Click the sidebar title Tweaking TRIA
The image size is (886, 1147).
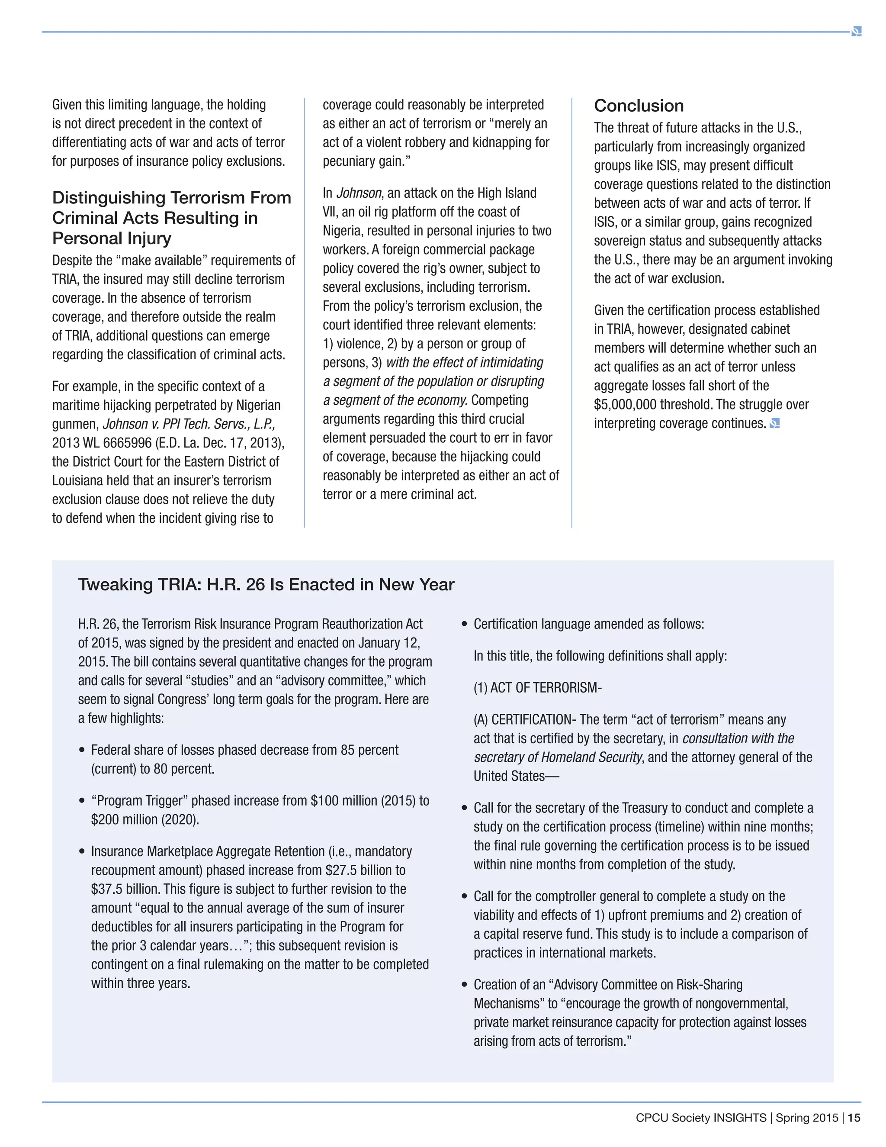(266, 584)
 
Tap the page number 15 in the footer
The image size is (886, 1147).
(854, 1118)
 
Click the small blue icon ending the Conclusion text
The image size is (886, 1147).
(774, 423)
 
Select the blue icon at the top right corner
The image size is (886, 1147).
(856, 32)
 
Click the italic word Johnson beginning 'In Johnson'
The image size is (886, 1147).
(359, 193)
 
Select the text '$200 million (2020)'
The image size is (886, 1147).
(145, 820)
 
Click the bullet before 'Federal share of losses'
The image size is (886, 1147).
(82, 751)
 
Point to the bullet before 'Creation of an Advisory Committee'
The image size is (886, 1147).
(464, 985)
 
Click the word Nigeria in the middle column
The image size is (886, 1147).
(343, 231)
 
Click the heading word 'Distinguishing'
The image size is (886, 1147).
(108, 198)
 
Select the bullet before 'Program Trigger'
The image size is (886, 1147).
(82, 801)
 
